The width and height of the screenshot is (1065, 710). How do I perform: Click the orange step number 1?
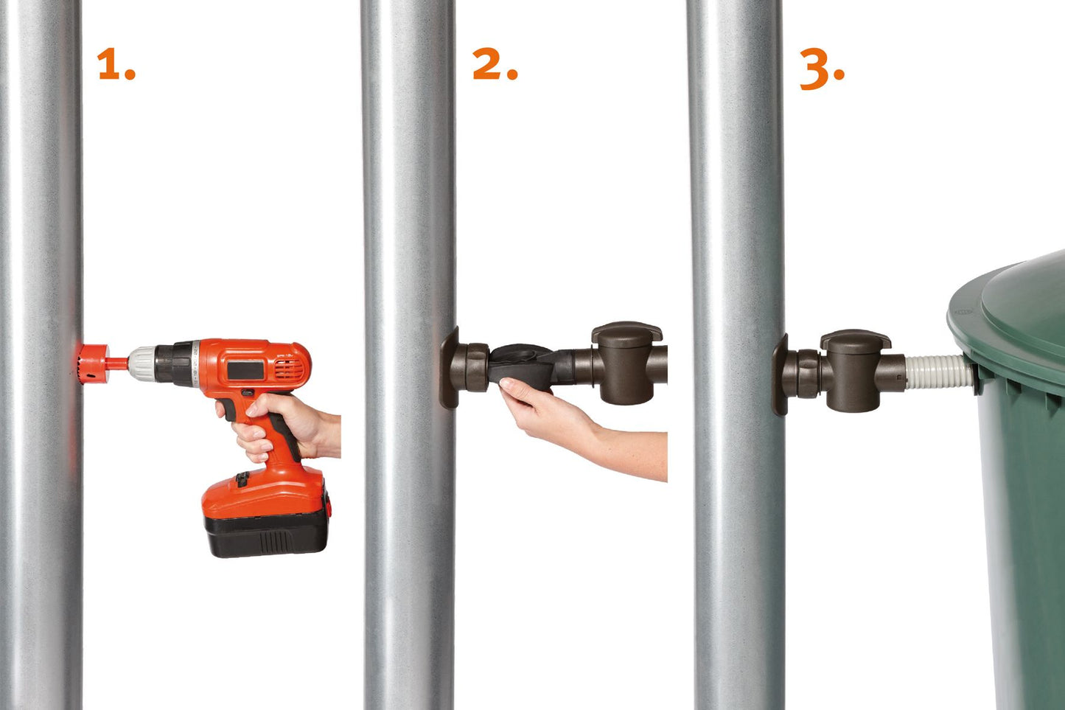pyautogui.click(x=116, y=63)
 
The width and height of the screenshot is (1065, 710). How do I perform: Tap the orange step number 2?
pyautogui.click(x=495, y=63)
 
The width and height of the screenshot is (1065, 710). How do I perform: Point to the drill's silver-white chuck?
pyautogui.click(x=142, y=363)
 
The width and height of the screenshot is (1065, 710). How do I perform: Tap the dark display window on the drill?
pyautogui.click(x=245, y=370)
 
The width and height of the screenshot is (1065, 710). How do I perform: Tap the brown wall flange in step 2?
pyautogui.click(x=449, y=368)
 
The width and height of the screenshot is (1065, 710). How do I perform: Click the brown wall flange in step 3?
pyautogui.click(x=780, y=375)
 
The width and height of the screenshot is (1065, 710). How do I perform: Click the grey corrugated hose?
pyautogui.click(x=937, y=372)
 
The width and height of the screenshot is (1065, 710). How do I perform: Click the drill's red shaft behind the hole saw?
pyautogui.click(x=119, y=363)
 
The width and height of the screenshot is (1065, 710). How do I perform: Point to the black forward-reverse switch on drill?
pyautogui.click(x=247, y=393)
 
